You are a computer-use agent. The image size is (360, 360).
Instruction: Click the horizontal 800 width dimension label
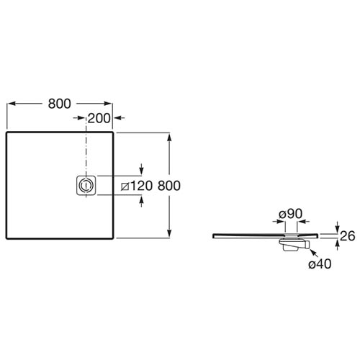coord(60,104)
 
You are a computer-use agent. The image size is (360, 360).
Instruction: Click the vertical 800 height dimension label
coord(169,186)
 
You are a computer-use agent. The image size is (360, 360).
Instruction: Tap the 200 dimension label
coord(99,118)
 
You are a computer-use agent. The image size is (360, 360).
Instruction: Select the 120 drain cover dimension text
coord(142,186)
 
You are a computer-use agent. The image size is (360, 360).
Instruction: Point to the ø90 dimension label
coord(291,214)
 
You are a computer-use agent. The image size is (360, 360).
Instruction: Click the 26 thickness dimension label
coord(348,236)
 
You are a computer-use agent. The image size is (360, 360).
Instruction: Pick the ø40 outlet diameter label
coord(320,264)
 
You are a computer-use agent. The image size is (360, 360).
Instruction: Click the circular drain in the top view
coord(85,185)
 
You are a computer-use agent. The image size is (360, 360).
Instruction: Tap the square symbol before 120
coord(125,186)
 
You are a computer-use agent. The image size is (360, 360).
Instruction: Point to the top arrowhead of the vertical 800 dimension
coord(169,138)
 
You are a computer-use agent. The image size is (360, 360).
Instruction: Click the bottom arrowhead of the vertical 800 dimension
coord(169,233)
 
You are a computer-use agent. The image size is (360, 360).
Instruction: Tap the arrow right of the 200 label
coord(120,118)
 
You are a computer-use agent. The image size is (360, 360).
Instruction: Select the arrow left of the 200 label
coord(79,118)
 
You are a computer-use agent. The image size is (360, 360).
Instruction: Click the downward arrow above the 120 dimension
coord(142,169)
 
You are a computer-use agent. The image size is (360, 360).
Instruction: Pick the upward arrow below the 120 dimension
coord(142,201)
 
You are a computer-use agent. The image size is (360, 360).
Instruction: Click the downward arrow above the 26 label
coord(338,227)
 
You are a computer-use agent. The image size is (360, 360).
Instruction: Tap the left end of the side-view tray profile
coord(213,236)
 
